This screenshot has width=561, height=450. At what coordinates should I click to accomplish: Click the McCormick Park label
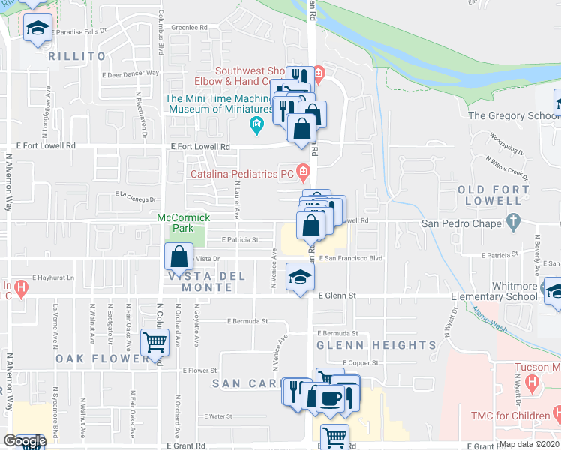point(175,223)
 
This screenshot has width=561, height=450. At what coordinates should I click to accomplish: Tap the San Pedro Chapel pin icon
point(514,221)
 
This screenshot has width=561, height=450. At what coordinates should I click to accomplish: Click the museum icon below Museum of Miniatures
point(257,124)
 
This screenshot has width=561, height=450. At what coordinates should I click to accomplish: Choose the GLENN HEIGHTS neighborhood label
point(376,345)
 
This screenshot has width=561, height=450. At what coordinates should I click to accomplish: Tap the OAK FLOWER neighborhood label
point(102,358)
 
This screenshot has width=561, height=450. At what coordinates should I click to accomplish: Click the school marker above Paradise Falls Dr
point(36,28)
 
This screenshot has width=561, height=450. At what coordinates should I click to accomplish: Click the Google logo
point(25,441)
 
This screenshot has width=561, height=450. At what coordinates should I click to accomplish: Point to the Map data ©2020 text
point(529,444)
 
